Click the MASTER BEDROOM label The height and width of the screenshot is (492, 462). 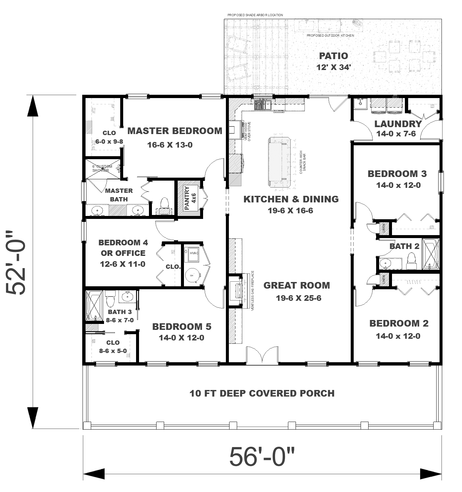pyautogui.click(x=175, y=131)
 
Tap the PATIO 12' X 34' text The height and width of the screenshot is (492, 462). pyautogui.click(x=333, y=61)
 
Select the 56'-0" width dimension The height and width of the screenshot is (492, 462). pyautogui.click(x=262, y=457)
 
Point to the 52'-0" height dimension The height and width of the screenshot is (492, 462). pyautogui.click(x=16, y=263)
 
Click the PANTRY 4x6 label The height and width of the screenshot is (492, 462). pyautogui.click(x=190, y=198)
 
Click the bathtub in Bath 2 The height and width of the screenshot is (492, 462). pyautogui.click(x=431, y=254)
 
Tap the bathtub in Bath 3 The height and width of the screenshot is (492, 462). pyautogui.click(x=94, y=305)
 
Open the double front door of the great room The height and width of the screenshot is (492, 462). pyautogui.click(x=262, y=356)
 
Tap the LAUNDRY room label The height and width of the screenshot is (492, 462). pyautogui.click(x=398, y=124)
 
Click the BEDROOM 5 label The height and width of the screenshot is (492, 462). pyautogui.click(x=182, y=327)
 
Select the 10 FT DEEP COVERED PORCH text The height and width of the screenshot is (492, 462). pyautogui.click(x=262, y=393)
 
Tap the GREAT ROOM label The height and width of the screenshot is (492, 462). pyautogui.click(x=297, y=285)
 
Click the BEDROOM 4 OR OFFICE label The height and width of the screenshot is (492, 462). pyautogui.click(x=123, y=248)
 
